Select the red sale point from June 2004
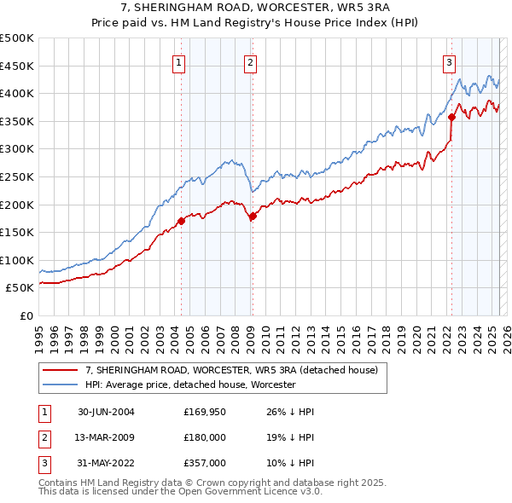coord(181,222)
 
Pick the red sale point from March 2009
coord(253,217)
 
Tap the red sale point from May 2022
coord(451,118)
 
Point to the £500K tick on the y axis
coord(17,38)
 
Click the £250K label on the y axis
coord(17,176)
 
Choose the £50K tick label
coord(20,288)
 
